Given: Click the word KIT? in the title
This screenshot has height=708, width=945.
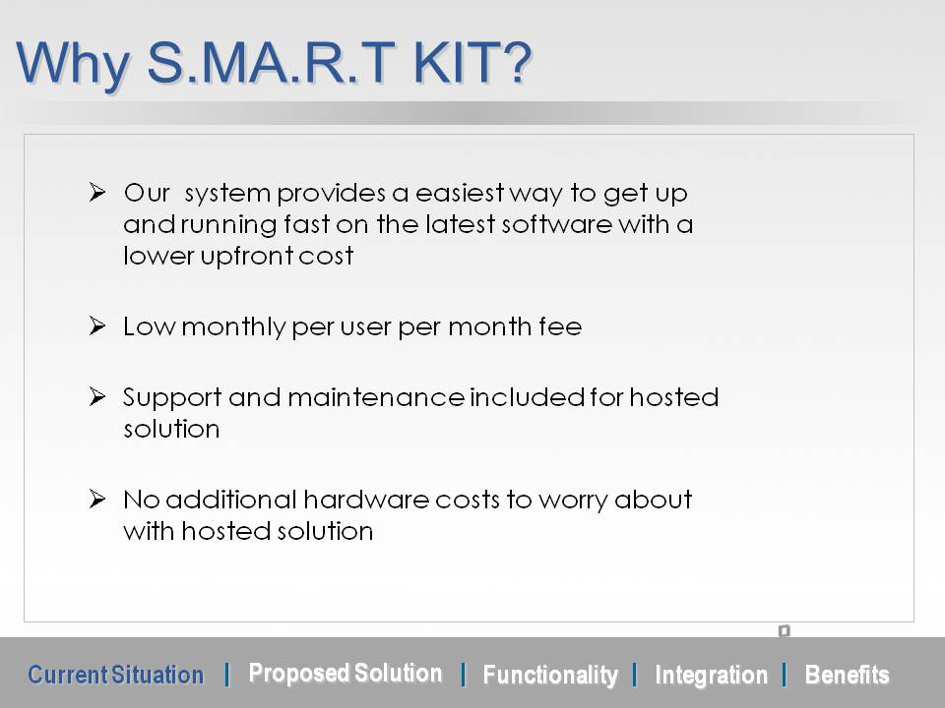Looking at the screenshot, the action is click(472, 62).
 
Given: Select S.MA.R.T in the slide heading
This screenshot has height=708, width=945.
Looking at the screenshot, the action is click(271, 62).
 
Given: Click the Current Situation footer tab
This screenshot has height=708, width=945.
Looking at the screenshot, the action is click(116, 675).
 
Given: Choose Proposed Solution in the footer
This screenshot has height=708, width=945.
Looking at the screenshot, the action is click(346, 673).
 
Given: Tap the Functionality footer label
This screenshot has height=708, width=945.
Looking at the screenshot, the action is click(550, 676).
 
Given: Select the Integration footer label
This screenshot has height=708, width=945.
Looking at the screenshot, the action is click(711, 676).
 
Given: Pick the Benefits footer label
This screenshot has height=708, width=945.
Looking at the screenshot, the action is click(847, 675).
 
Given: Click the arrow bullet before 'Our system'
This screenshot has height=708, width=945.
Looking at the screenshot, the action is click(97, 192).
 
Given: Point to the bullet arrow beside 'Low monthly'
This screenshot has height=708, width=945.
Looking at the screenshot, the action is click(97, 325).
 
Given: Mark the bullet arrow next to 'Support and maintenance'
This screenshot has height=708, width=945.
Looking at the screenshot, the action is click(97, 396).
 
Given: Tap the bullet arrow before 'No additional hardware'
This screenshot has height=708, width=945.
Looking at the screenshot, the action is click(97, 500).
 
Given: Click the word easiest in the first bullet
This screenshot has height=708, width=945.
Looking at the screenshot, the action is click(460, 194).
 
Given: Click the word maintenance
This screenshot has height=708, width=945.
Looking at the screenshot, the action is click(376, 397).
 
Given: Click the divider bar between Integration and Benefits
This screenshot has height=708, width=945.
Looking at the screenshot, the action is click(785, 675).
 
